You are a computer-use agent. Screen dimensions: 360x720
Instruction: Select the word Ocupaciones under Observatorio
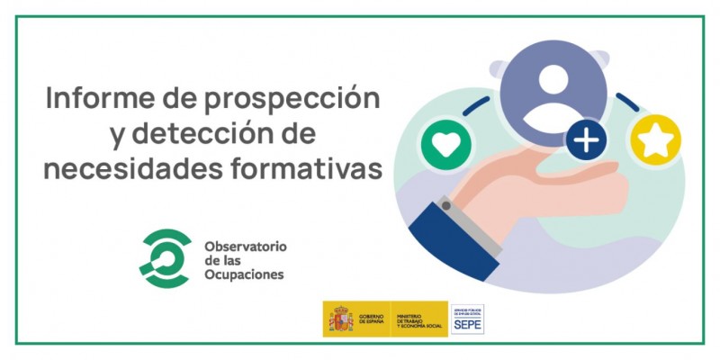pyautogui.click(x=245, y=274)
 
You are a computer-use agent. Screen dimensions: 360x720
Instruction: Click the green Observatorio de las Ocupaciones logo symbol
pyautogui.click(x=165, y=258)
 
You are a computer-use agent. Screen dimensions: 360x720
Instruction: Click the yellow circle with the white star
pyautogui.click(x=656, y=140)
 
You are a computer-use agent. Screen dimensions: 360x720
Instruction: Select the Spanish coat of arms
pyautogui.click(x=339, y=319)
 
